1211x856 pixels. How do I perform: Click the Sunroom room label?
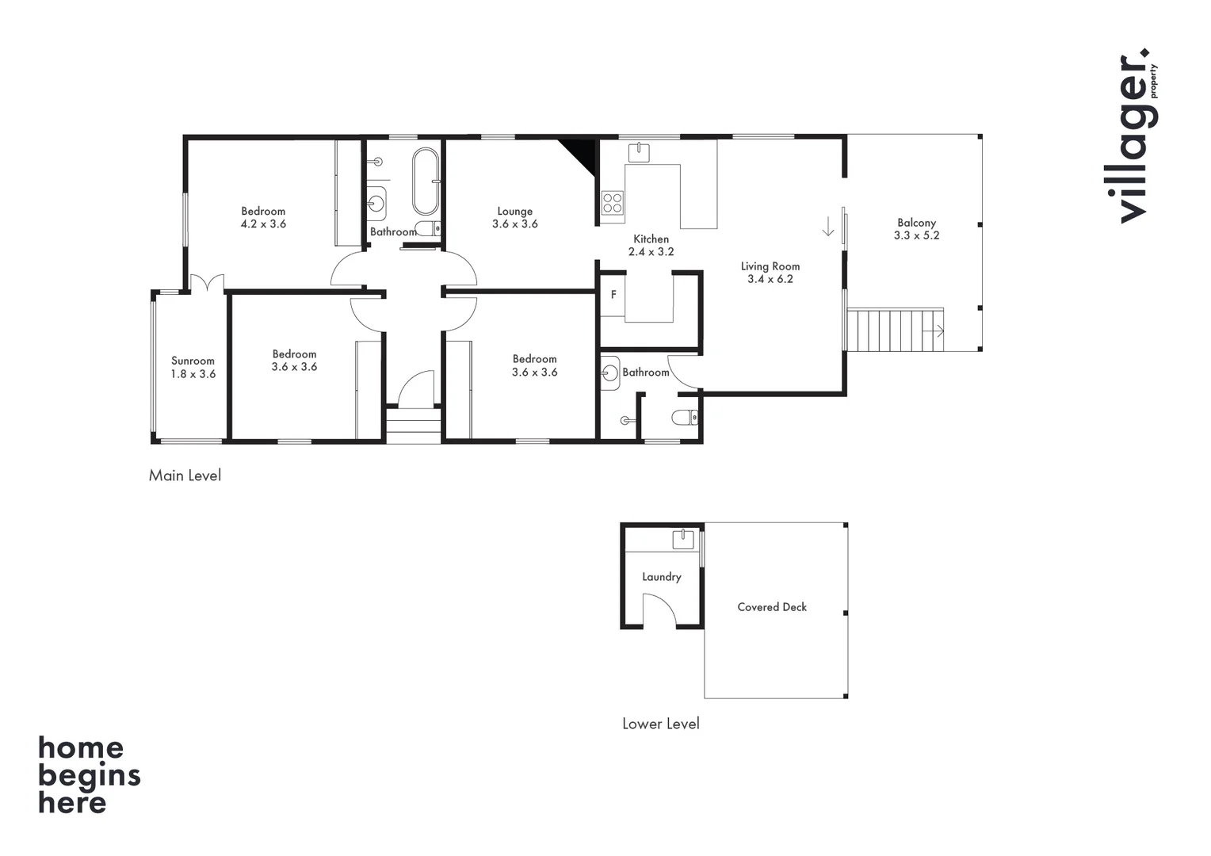pyautogui.click(x=193, y=361)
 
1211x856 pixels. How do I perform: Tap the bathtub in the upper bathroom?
pyautogui.click(x=425, y=182)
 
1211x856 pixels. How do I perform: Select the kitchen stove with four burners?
pyautogui.click(x=613, y=202)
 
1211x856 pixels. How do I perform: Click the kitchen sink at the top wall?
pyautogui.click(x=639, y=151)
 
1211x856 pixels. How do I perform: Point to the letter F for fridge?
pyautogui.click(x=613, y=295)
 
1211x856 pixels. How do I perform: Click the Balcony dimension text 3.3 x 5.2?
pyautogui.click(x=916, y=235)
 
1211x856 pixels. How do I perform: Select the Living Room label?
pyautogui.click(x=770, y=266)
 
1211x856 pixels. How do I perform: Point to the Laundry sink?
pyautogui.click(x=683, y=540)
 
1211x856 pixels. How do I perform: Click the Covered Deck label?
pyautogui.click(x=772, y=607)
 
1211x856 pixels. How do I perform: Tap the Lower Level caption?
pyautogui.click(x=660, y=724)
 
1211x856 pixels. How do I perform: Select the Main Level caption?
pyautogui.click(x=185, y=476)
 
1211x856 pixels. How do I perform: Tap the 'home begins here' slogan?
pyautogui.click(x=89, y=775)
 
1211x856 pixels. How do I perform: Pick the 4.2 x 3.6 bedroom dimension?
pyautogui.click(x=263, y=224)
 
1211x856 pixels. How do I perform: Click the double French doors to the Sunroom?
pyautogui.click(x=207, y=284)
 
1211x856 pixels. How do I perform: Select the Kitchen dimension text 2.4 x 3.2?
pyautogui.click(x=651, y=252)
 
